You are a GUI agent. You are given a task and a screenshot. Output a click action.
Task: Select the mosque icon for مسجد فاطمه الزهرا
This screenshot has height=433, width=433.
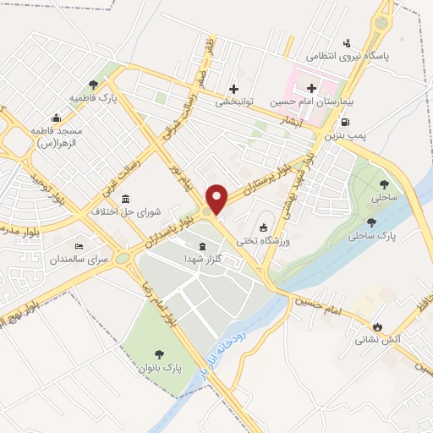click(x=55, y=118)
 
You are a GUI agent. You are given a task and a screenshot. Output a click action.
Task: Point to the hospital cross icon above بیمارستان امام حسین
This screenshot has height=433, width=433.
click(x=311, y=88)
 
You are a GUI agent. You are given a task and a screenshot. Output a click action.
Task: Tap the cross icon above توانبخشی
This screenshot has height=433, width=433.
click(x=233, y=89)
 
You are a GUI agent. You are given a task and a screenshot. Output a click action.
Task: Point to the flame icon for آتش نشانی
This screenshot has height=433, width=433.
click(x=377, y=326)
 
